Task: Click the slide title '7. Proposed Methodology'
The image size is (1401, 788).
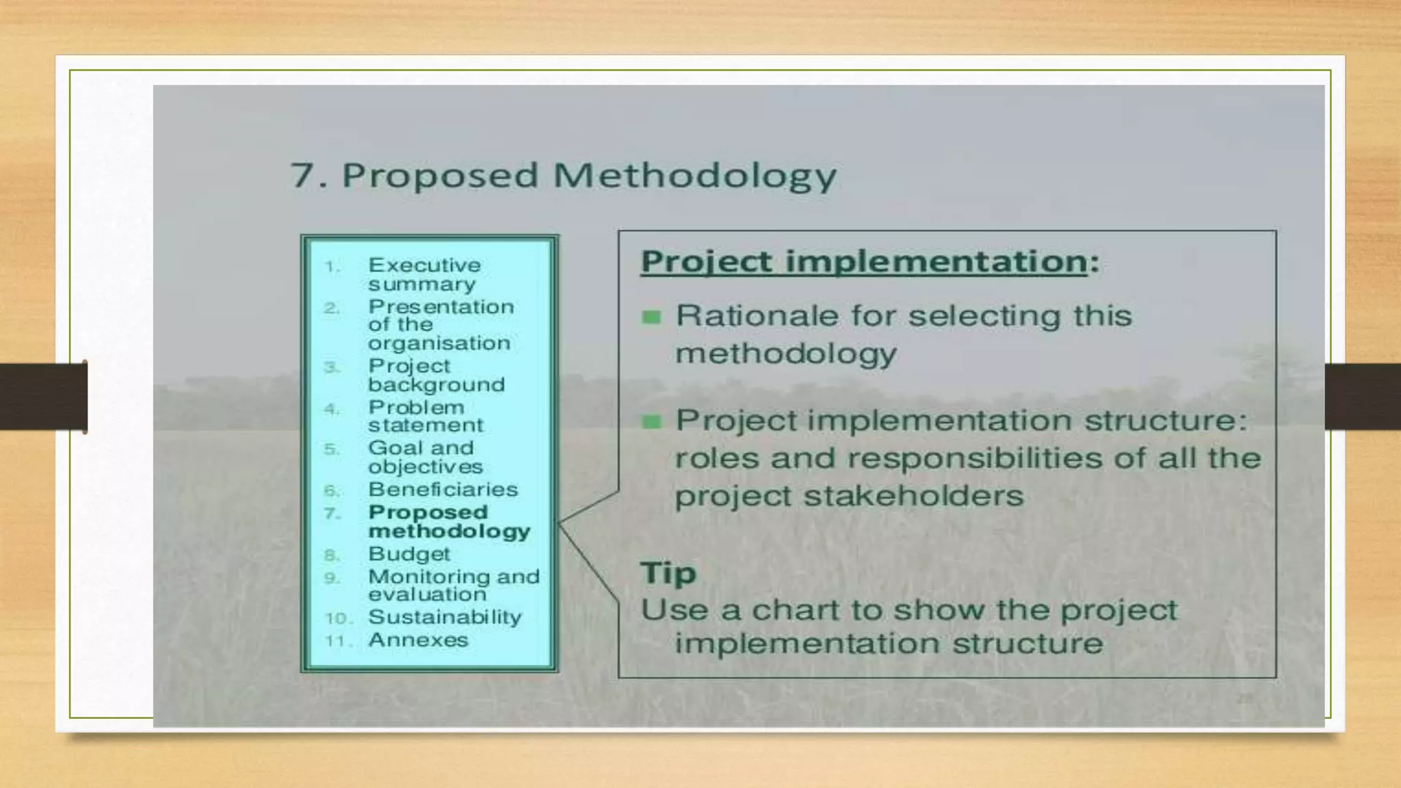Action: pos(563,175)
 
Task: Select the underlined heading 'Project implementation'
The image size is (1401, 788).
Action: pos(863,262)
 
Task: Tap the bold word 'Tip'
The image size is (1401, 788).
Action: pos(668,573)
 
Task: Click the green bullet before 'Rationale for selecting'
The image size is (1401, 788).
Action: pos(651,317)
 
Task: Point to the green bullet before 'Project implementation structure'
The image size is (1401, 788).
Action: pos(651,421)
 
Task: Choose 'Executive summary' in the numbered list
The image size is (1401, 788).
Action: pos(424,274)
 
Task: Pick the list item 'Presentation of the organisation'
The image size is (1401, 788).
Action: pos(441,324)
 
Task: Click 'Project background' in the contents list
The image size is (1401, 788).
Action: pos(436,375)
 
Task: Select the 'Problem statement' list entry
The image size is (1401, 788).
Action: pos(425,416)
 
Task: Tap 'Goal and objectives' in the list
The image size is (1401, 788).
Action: pos(425,457)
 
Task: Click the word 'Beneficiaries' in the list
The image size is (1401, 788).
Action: pos(443,490)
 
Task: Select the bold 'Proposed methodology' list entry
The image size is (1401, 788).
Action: pos(449,521)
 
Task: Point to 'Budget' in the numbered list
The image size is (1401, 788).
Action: pos(408,553)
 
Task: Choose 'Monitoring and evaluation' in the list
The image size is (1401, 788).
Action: pos(454,585)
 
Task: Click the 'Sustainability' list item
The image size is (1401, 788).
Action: pos(445,617)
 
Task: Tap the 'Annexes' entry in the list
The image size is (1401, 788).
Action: pos(418,640)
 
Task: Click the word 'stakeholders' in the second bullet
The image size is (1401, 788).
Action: pos(913,496)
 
